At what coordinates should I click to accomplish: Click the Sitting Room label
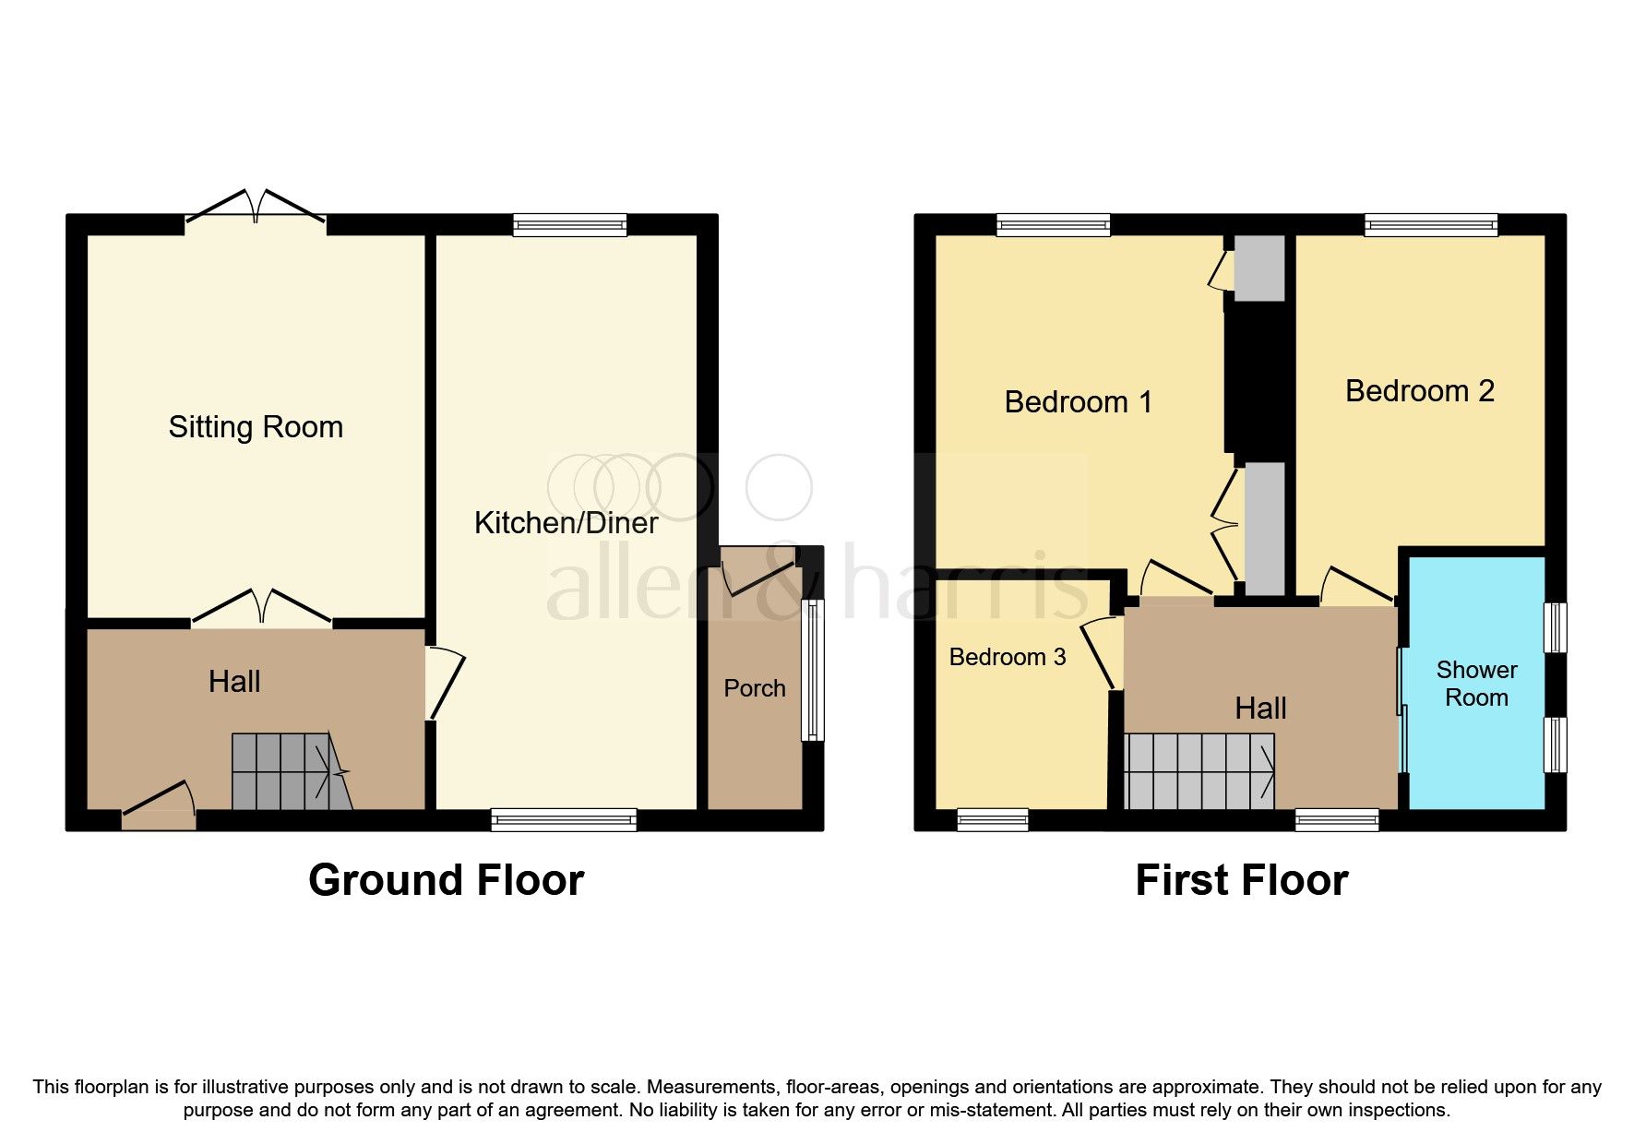[256, 427]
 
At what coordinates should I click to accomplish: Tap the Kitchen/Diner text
[566, 523]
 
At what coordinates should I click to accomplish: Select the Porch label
[754, 688]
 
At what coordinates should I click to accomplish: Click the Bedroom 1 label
[1078, 402]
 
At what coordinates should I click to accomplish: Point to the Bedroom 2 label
[1419, 391]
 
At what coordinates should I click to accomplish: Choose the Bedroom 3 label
[1007, 657]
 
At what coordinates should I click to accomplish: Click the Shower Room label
[1476, 684]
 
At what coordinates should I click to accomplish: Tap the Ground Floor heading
[446, 880]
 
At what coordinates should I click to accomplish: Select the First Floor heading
[1241, 880]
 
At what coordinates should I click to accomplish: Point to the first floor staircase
[1199, 771]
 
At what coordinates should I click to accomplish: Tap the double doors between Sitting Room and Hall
[261, 609]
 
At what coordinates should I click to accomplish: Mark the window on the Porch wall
[811, 670]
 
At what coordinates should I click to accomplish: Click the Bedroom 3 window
[992, 819]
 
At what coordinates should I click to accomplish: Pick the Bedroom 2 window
[1430, 224]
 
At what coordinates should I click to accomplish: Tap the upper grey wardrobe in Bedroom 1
[1259, 268]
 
